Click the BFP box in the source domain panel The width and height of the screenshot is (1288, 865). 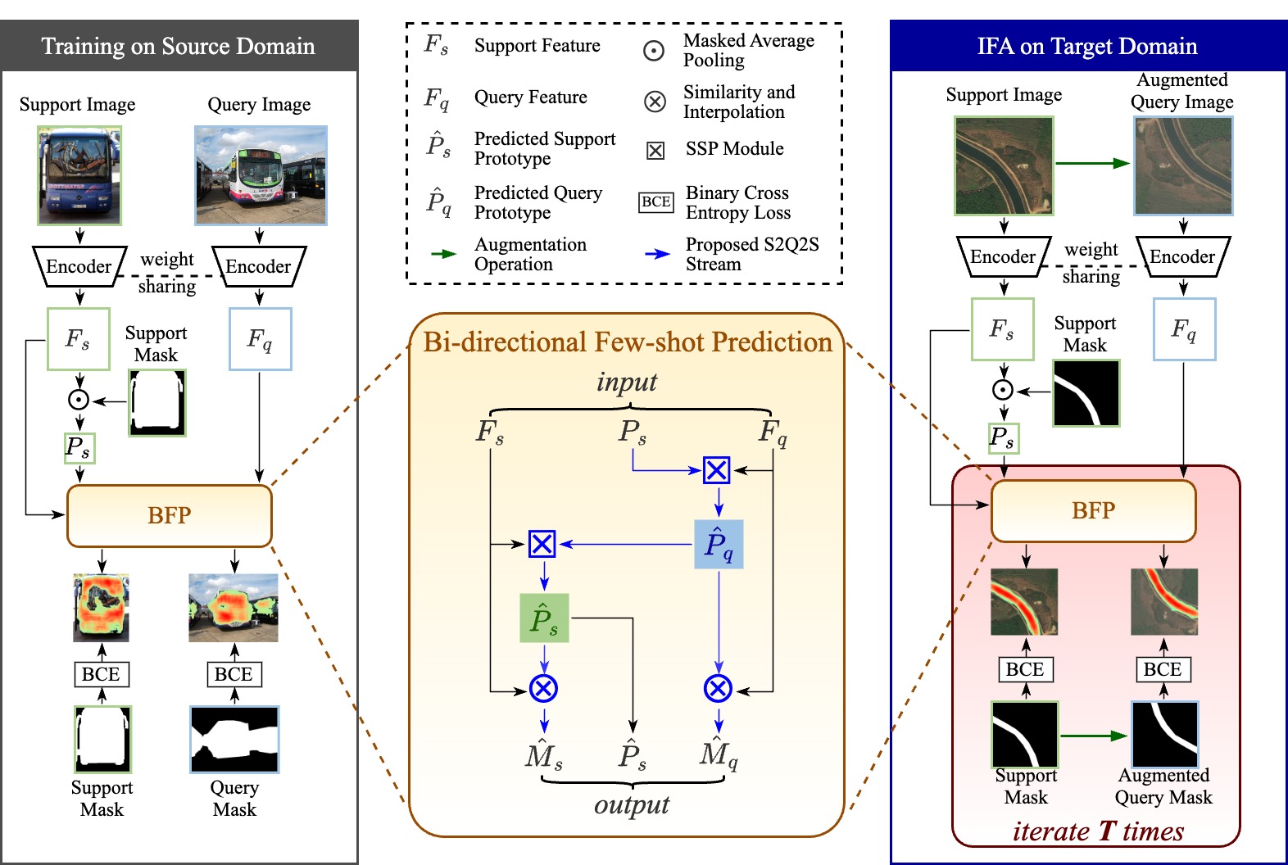pyautogui.click(x=169, y=515)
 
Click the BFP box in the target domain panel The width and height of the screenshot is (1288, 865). pyautogui.click(x=1093, y=510)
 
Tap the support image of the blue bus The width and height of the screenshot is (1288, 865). pyautogui.click(x=79, y=175)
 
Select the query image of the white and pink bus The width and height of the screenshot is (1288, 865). pyautogui.click(x=261, y=175)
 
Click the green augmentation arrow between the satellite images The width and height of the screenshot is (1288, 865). pyautogui.click(x=1092, y=163)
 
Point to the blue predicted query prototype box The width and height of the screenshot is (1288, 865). pyautogui.click(x=719, y=544)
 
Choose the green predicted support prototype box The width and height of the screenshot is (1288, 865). pyautogui.click(x=544, y=618)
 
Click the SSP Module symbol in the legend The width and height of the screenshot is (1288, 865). pyautogui.click(x=655, y=150)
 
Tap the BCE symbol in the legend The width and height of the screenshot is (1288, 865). pyautogui.click(x=656, y=202)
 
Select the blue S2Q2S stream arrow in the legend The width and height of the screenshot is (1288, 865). pyautogui.click(x=657, y=254)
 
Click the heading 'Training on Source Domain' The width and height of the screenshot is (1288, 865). pyautogui.click(x=179, y=46)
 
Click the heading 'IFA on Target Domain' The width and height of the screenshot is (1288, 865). pyautogui.click(x=1087, y=46)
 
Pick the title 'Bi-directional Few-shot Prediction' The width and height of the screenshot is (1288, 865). pyautogui.click(x=627, y=342)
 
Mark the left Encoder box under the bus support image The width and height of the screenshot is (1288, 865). pyautogui.click(x=79, y=266)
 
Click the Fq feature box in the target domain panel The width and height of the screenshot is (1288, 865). pyautogui.click(x=1184, y=329)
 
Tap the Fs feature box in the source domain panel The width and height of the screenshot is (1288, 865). pyautogui.click(x=79, y=339)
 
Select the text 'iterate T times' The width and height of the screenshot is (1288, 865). pyautogui.click(x=1098, y=831)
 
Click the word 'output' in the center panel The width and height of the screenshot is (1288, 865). pyautogui.click(x=632, y=805)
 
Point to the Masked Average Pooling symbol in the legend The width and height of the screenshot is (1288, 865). pyautogui.click(x=653, y=51)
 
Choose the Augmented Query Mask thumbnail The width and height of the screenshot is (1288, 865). pyautogui.click(x=1164, y=735)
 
